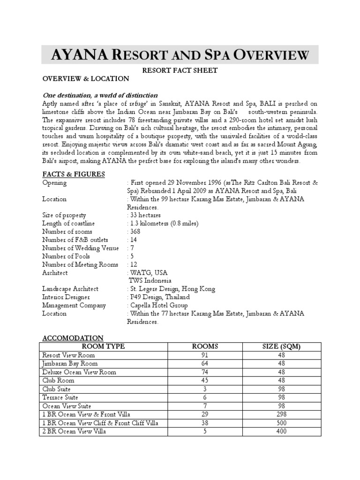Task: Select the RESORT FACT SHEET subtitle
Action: click(180, 70)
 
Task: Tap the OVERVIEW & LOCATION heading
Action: click(85, 79)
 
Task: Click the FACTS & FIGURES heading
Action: click(73, 174)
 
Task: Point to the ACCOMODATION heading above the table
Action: click(73, 338)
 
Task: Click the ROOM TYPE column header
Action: click(103, 346)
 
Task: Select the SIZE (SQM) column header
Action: click(281, 346)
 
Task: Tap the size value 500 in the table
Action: click(281, 423)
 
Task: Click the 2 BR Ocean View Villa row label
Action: click(74, 431)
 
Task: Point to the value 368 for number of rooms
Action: click(135, 232)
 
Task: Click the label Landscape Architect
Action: click(70, 289)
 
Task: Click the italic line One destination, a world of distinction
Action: click(100, 95)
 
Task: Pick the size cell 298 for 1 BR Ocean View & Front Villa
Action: click(281, 414)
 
